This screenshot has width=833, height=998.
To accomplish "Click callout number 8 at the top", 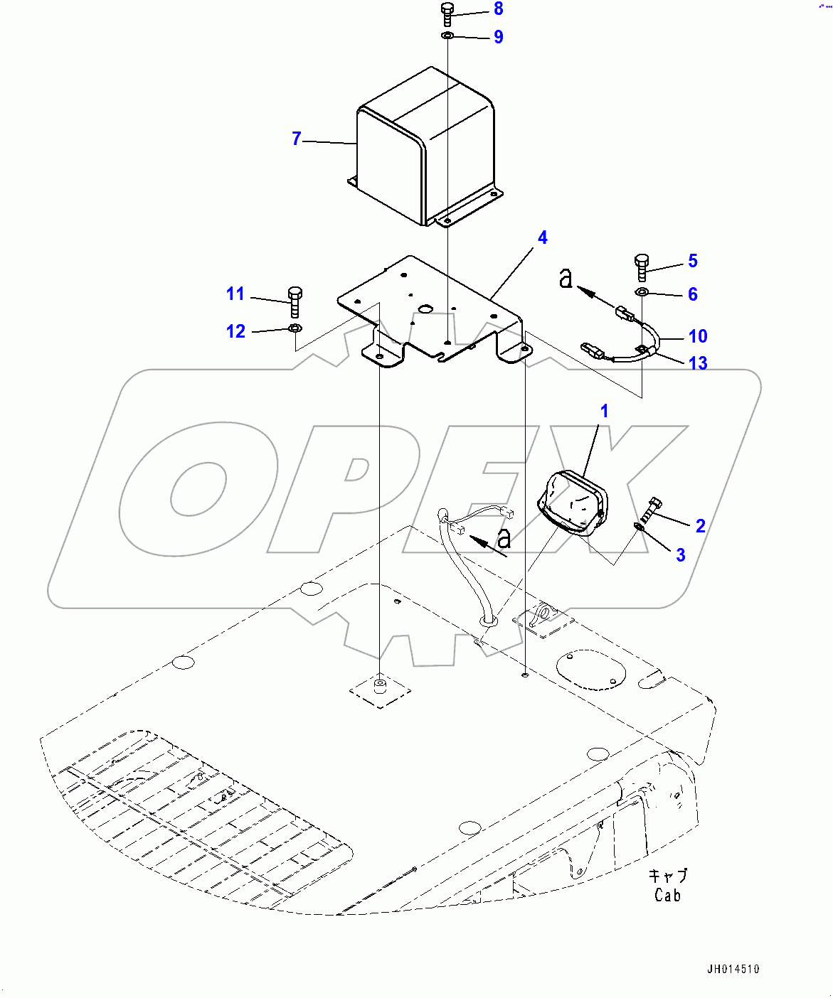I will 498,9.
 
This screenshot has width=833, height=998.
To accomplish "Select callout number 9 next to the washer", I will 498,37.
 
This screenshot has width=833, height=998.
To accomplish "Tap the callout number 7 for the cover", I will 297,139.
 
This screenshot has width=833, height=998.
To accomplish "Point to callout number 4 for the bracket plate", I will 542,238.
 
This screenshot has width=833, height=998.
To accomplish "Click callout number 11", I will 235,294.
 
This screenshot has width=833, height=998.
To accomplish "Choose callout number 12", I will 235,331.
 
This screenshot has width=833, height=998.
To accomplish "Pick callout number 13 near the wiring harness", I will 698,363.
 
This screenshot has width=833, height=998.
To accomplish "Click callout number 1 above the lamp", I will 604,411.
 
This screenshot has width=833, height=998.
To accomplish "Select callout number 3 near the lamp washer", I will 680,555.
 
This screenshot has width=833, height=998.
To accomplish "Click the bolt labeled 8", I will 447,14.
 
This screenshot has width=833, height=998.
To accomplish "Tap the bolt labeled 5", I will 641,267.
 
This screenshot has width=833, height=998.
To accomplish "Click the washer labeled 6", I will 642,292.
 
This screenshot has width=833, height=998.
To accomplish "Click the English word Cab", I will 667,896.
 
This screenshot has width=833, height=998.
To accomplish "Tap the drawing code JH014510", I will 733,969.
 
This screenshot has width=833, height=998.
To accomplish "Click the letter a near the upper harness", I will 566,278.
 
